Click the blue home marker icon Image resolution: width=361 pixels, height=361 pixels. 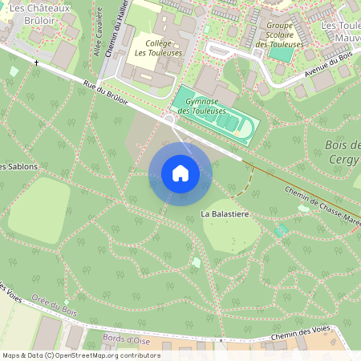[x=180, y=173]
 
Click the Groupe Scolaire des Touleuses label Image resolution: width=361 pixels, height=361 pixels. [x=279, y=35]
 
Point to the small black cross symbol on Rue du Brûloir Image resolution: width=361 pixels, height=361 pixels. [x=36, y=63]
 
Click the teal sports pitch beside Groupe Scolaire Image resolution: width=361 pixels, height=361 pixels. [x=281, y=55]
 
